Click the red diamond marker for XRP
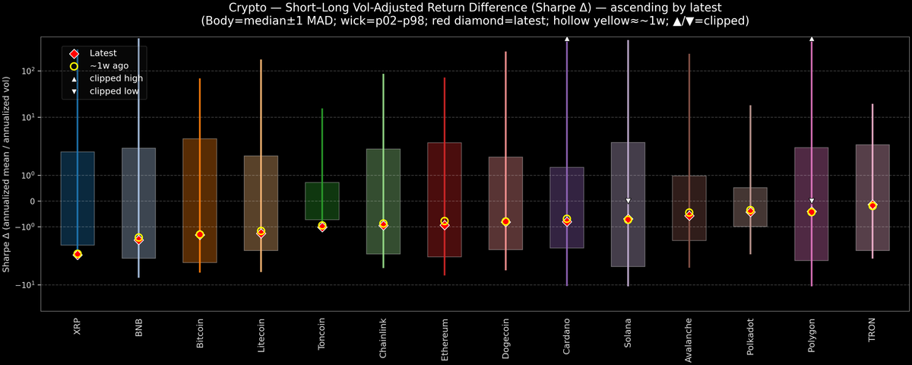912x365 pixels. [78, 254]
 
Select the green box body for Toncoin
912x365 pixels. [322, 201]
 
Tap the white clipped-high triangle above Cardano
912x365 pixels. [567, 38]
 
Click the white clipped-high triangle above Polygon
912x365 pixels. [812, 38]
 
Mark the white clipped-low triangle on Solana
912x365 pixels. [628, 201]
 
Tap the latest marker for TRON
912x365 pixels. [872, 206]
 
